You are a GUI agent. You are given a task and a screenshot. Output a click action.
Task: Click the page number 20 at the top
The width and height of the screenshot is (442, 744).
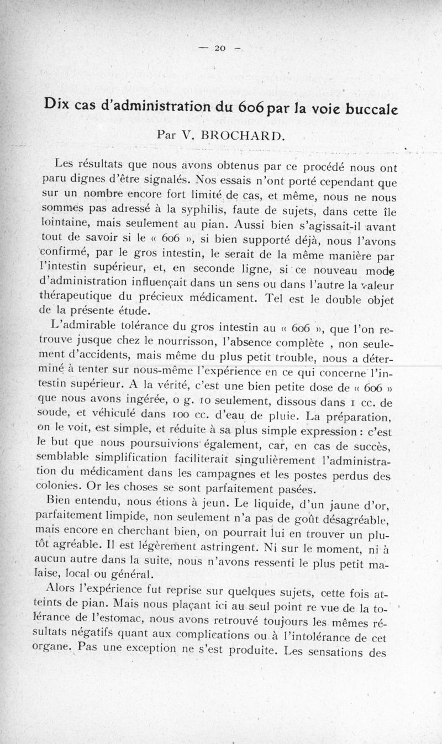pyautogui.click(x=220, y=49)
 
